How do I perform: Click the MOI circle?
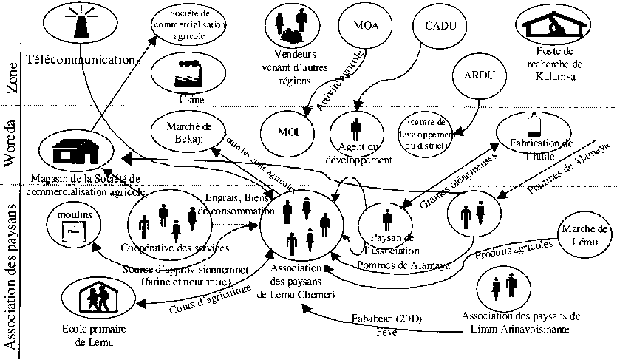[x=287, y=132]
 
